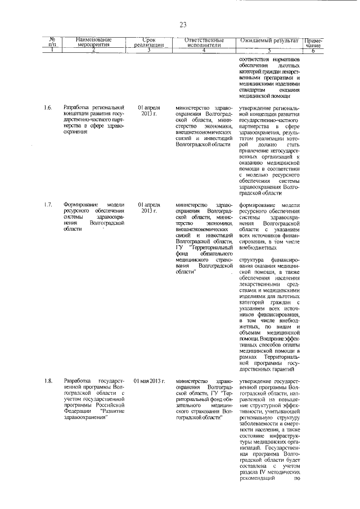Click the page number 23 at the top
point(183,24)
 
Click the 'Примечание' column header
point(313,42)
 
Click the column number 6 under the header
point(313,51)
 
